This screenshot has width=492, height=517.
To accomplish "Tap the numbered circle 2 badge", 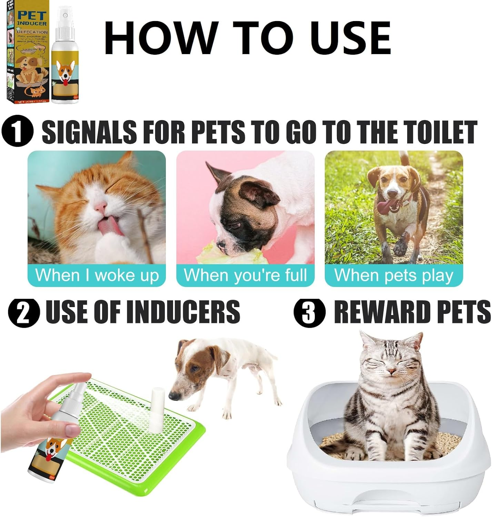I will coord(24,313).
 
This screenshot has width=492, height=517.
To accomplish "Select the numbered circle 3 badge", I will coord(309,313).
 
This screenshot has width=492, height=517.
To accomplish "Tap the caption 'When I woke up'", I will coord(97,275).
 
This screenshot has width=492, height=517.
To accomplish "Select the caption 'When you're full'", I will coord(245,275).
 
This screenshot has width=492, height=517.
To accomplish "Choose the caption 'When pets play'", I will coord(394,275).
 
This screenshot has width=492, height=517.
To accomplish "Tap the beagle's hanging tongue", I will coord(384,208).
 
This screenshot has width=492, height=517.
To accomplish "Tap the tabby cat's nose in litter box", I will coord(391,372).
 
